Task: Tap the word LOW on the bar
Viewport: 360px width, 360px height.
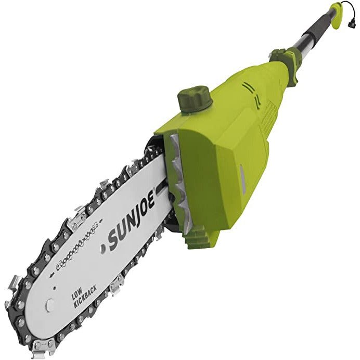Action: click(76, 295)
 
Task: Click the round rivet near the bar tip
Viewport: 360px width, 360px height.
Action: click(49, 305)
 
